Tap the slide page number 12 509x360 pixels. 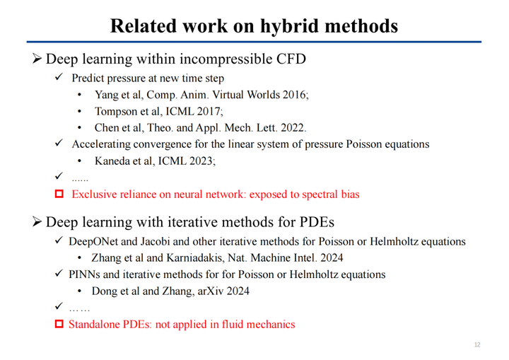(477, 344)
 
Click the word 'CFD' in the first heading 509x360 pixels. (291, 59)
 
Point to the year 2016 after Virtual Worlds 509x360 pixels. (296, 95)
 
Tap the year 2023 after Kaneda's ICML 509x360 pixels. (201, 161)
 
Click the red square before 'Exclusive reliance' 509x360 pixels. (59, 194)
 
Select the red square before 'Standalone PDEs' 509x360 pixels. (59, 324)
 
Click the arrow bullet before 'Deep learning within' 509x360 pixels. (37, 59)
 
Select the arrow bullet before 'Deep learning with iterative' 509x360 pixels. (37, 222)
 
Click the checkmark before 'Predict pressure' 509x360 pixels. (59, 77)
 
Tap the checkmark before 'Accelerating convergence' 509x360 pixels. (59, 143)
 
